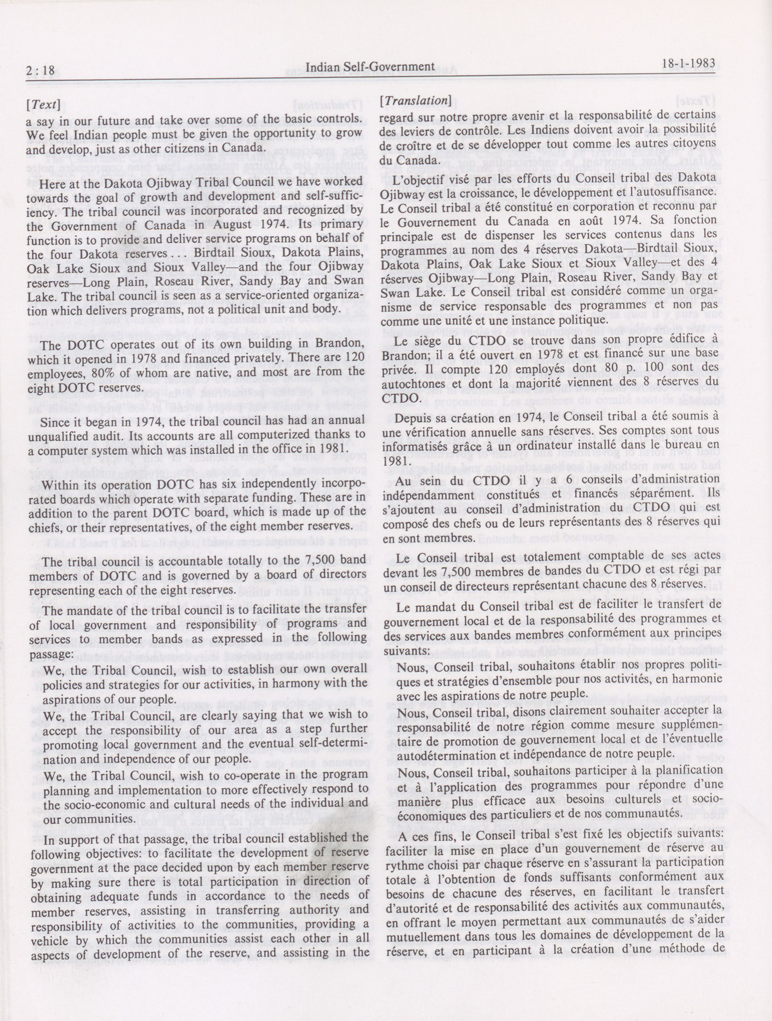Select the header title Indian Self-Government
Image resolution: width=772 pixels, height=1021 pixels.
[x=370, y=68]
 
